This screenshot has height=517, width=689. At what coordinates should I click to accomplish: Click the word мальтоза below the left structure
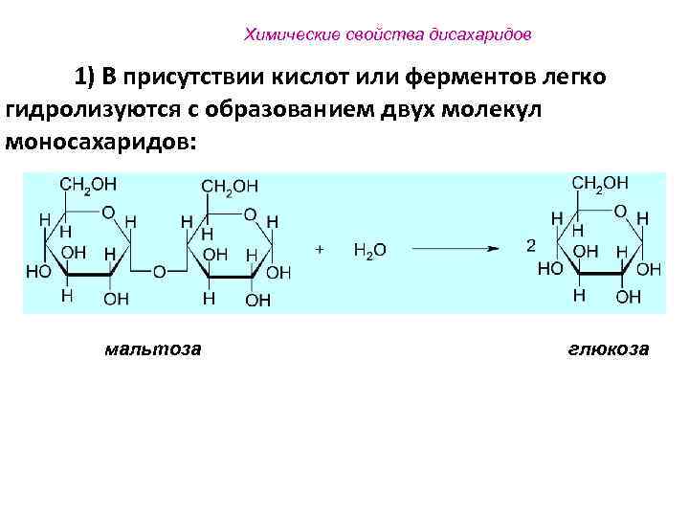pos(153,348)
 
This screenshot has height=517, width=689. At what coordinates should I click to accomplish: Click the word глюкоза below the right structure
pos(608,348)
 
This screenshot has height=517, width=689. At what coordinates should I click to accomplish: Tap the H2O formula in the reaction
pos(369,249)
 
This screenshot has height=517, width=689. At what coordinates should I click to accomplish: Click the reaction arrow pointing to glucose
pos(456,249)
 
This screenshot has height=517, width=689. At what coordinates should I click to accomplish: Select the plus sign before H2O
pos(320,248)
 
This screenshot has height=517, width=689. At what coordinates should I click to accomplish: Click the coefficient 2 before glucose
pos(530,246)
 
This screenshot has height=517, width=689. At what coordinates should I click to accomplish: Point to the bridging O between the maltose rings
pos(159,272)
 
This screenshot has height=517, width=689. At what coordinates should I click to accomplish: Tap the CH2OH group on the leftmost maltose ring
pos(88,184)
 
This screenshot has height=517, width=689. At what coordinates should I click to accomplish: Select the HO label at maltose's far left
pos(38,272)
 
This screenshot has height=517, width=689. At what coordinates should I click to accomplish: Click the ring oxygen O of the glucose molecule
pos(620,211)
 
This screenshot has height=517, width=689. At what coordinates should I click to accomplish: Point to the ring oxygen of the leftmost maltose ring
pos(107,213)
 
